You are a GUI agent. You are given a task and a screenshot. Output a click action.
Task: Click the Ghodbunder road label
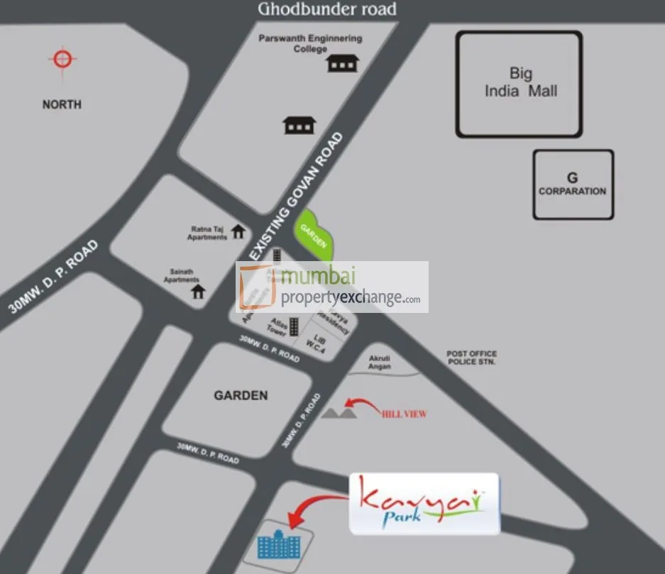click(327, 9)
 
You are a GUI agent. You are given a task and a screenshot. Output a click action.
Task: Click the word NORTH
click(62, 104)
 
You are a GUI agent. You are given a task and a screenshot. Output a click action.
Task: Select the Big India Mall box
click(519, 84)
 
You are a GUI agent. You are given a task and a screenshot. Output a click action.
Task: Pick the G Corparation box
click(573, 184)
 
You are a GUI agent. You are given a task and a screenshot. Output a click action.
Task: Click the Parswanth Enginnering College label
click(310, 43)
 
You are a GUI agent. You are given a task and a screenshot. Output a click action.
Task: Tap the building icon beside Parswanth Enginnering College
click(341, 63)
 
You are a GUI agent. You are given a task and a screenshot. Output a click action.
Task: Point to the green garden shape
click(312, 234)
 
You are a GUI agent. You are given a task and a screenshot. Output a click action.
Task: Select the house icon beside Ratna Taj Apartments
click(238, 231)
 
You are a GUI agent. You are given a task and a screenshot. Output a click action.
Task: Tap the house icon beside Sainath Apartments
click(198, 290)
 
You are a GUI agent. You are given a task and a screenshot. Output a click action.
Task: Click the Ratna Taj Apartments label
click(207, 233)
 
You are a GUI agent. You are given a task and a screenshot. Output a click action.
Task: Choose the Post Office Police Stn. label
click(471, 358)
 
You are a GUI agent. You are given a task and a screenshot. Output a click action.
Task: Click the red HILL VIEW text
click(404, 414)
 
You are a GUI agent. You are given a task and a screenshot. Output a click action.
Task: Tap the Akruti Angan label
click(380, 362)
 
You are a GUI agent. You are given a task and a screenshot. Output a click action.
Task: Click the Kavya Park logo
click(424, 504)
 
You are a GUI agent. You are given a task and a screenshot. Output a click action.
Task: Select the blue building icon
click(280, 545)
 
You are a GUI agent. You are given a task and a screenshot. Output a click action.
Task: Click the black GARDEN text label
click(241, 395)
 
